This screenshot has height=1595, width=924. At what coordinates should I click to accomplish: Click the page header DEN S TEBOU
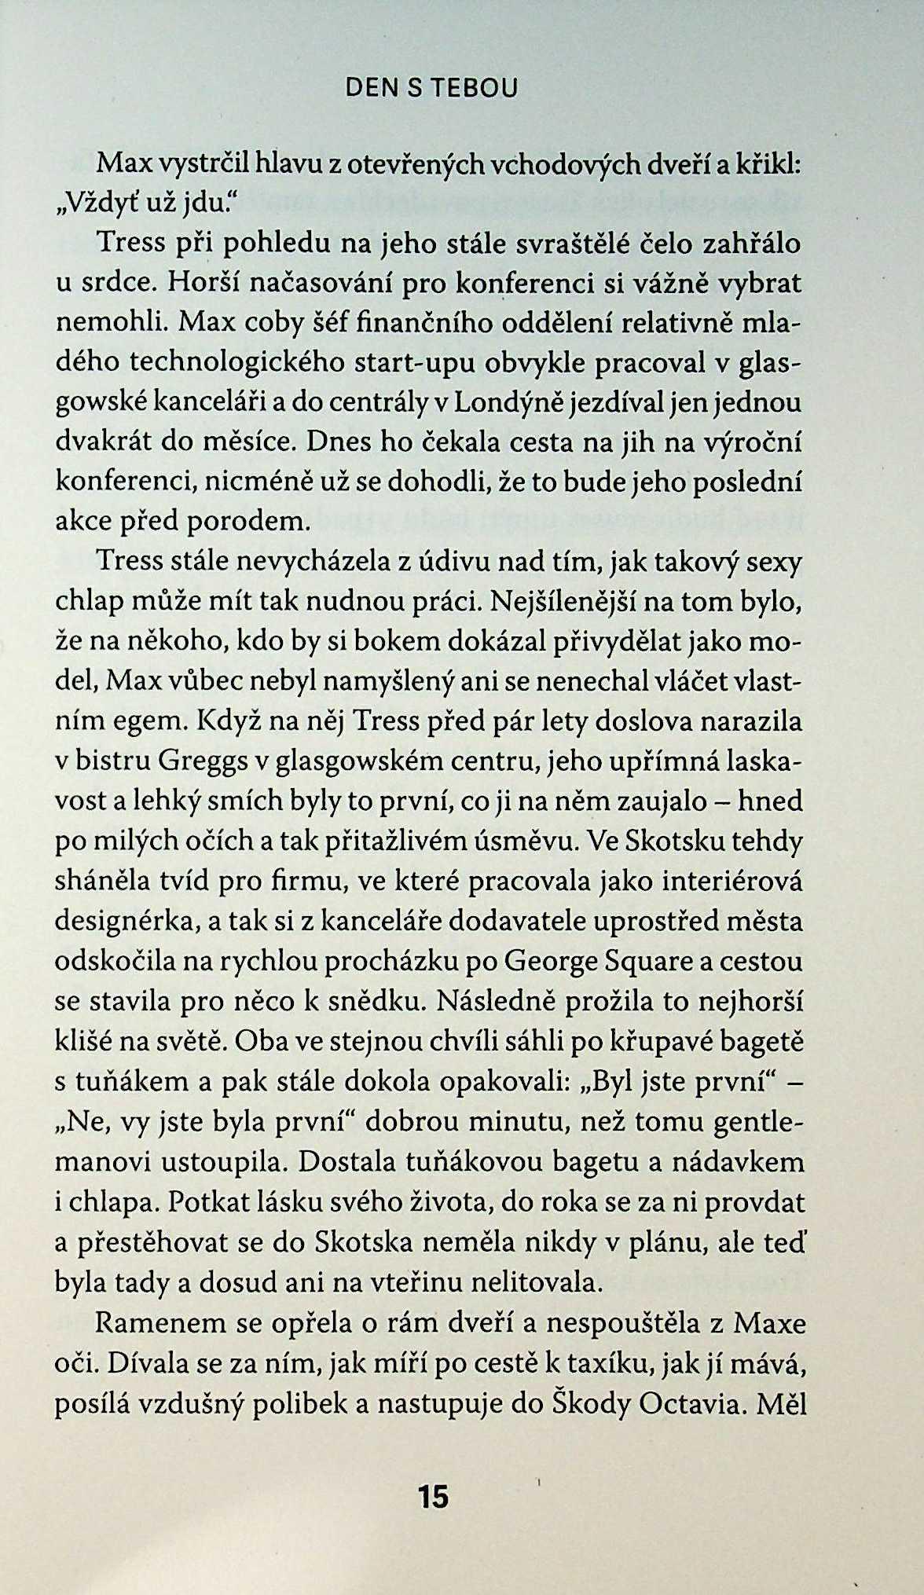coord(432,89)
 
